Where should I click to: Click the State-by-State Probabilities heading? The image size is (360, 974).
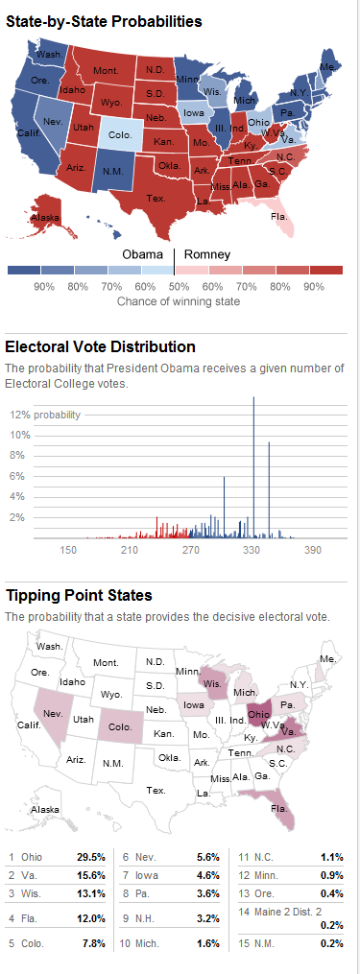(104, 21)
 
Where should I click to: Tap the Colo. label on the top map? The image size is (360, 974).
(119, 134)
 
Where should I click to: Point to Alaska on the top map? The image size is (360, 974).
(45, 218)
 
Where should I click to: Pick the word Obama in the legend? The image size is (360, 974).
(144, 254)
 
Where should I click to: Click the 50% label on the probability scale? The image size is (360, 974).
(180, 287)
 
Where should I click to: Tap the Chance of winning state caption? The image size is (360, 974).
(178, 301)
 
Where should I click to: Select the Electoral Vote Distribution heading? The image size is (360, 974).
(100, 346)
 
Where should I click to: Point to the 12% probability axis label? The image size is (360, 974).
(45, 415)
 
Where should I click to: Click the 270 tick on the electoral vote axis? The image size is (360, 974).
(191, 551)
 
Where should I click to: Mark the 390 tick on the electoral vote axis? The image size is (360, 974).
(313, 551)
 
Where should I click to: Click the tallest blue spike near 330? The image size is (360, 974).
(253, 467)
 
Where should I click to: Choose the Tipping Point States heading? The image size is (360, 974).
(79, 596)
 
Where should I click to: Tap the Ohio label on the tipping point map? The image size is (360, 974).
(258, 714)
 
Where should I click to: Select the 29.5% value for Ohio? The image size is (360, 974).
(91, 857)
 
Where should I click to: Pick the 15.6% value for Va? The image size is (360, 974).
(91, 875)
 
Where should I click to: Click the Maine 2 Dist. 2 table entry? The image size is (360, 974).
(291, 912)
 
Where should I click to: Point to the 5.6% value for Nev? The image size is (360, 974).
(207, 857)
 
